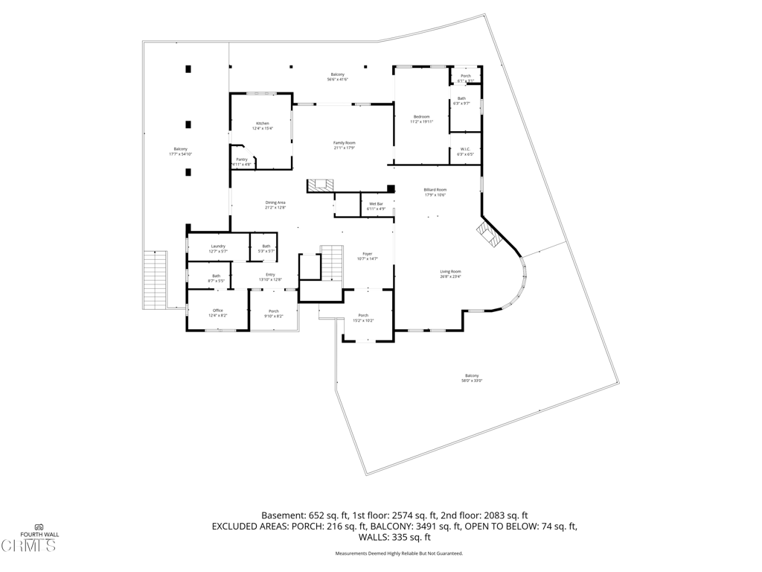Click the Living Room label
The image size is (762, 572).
(x=450, y=273)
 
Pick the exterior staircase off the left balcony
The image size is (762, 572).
(x=154, y=279)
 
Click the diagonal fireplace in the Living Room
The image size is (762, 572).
(x=490, y=233)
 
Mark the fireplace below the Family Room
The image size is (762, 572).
(x=322, y=185)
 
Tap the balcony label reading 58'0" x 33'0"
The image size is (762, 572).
(x=472, y=378)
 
